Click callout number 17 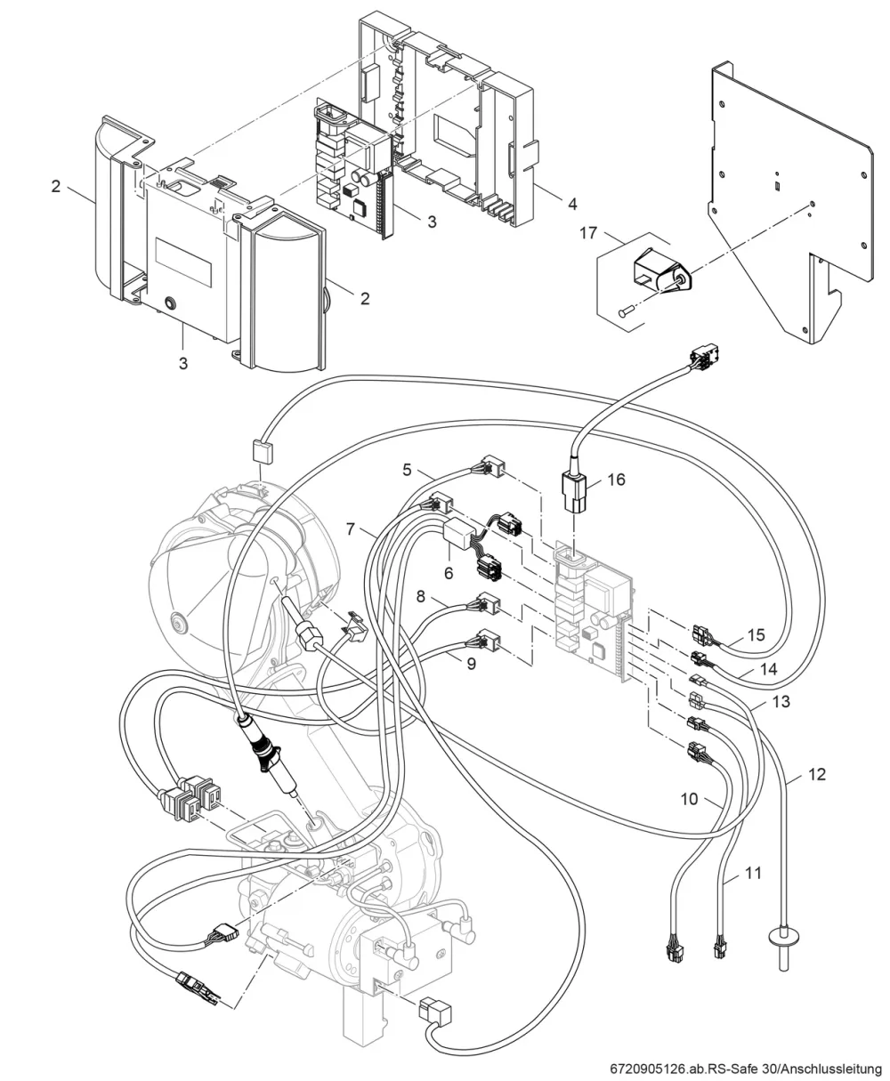pyautogui.click(x=588, y=233)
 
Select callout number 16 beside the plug pyautogui.click(x=616, y=480)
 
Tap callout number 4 pyautogui.click(x=572, y=204)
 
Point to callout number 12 pyautogui.click(x=817, y=774)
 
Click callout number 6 pyautogui.click(x=449, y=573)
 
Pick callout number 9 pyautogui.click(x=471, y=664)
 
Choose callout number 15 pyautogui.click(x=756, y=634)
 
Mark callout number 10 pyautogui.click(x=689, y=799)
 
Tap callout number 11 pyautogui.click(x=753, y=873)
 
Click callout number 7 pyautogui.click(x=351, y=529)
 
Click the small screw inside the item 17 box pyautogui.click(x=626, y=311)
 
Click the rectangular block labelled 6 pyautogui.click(x=457, y=534)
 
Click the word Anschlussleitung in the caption pyautogui.click(x=833, y=1069)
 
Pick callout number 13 pyautogui.click(x=781, y=701)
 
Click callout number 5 pyautogui.click(x=407, y=470)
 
